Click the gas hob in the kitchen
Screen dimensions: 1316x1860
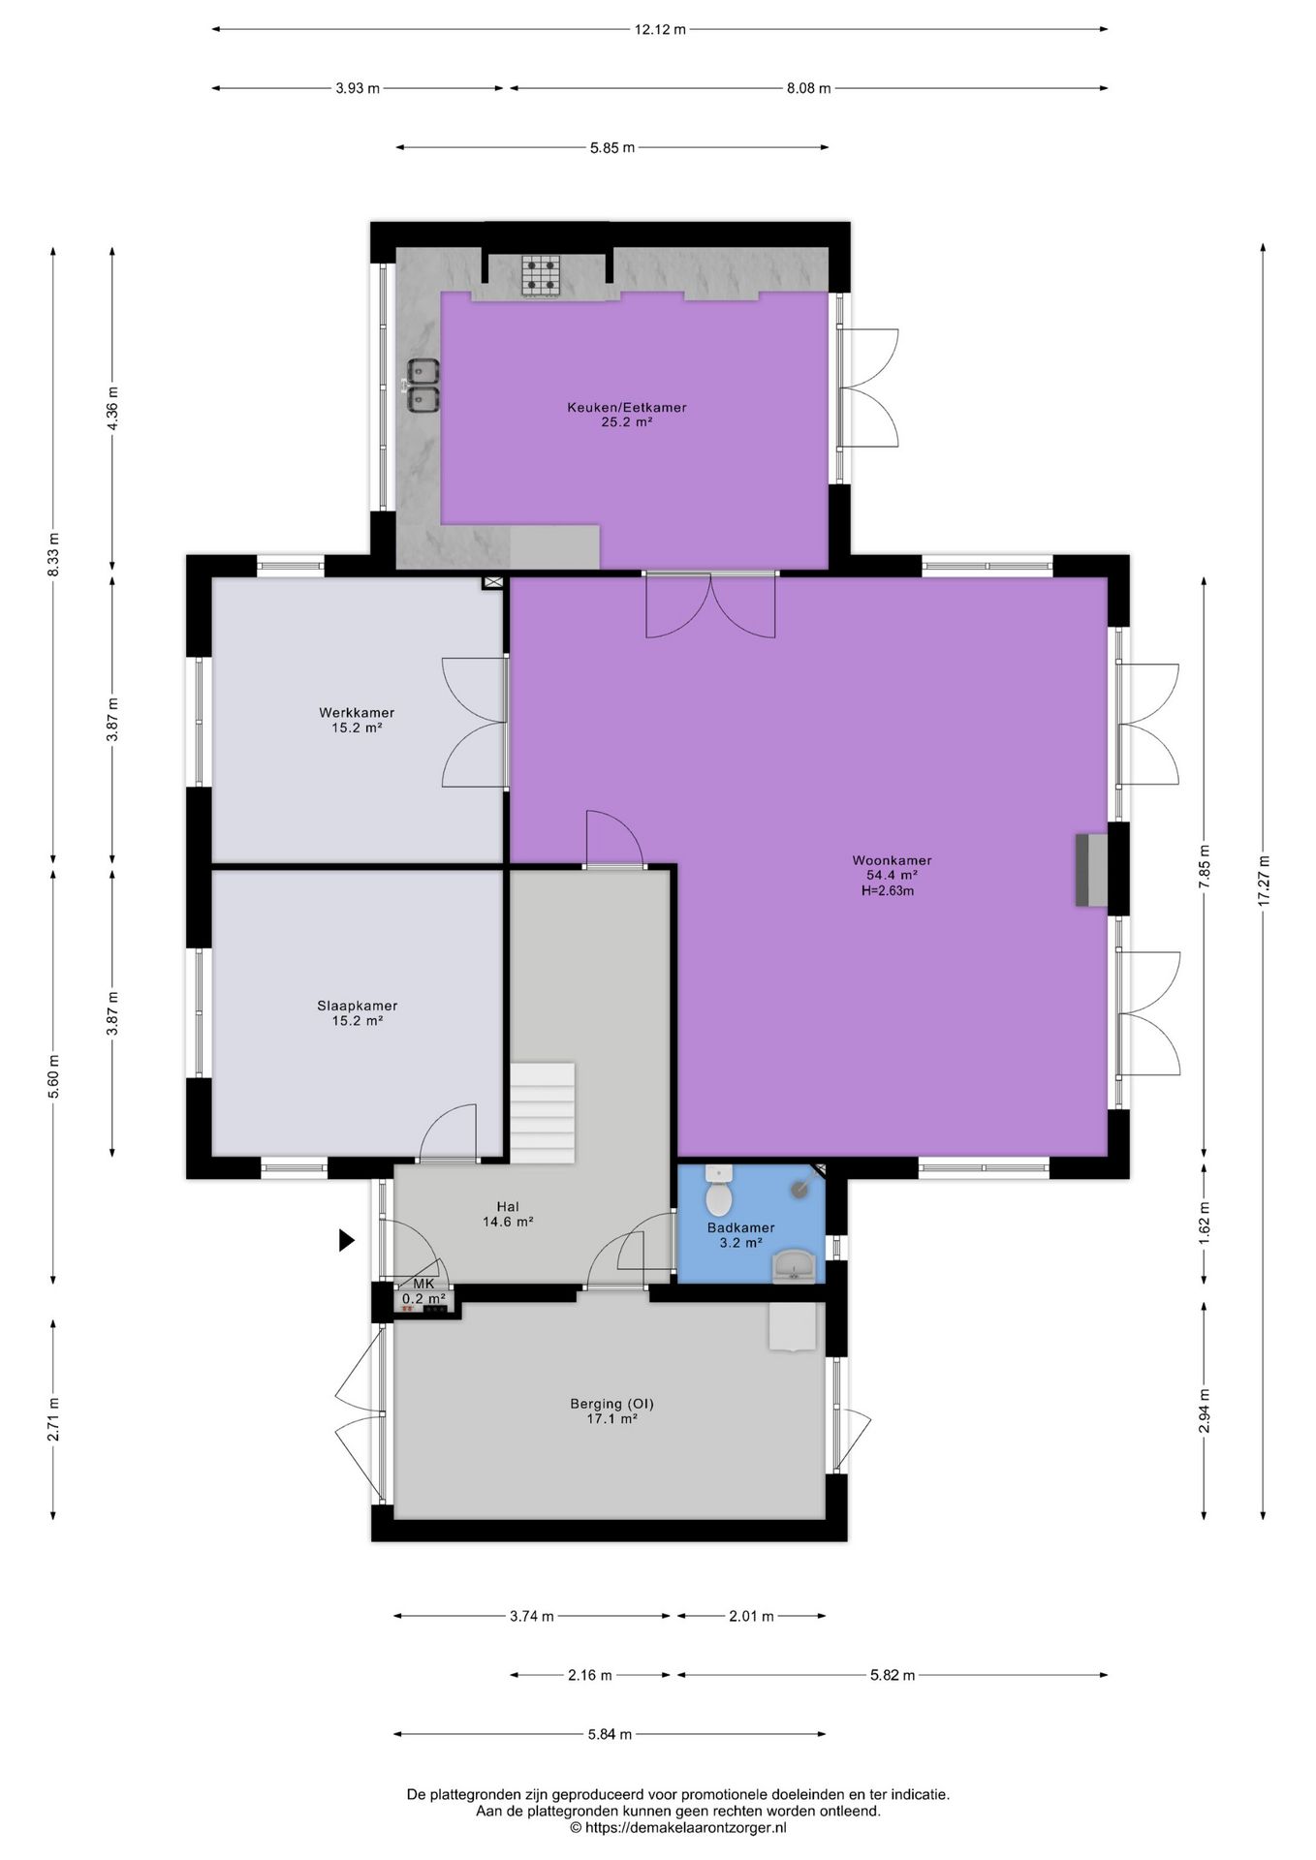tap(541, 274)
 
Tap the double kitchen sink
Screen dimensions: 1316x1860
tap(423, 385)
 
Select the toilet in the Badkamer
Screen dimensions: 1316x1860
tap(718, 1191)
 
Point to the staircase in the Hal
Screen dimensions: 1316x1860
tap(543, 1113)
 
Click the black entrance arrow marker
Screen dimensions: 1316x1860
tap(346, 1240)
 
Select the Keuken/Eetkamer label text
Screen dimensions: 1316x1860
tap(626, 407)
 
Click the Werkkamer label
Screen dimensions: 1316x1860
tap(357, 713)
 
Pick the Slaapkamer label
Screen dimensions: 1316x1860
tap(357, 1006)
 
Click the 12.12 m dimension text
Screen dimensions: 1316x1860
tap(660, 29)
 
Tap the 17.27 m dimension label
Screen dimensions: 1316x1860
tap(1263, 881)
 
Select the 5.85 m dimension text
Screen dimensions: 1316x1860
tap(612, 147)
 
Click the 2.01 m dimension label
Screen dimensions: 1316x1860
tap(751, 1616)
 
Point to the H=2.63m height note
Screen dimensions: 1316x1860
tap(887, 890)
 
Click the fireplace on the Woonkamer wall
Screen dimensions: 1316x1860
tap(1090, 870)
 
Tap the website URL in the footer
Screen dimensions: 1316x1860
tap(678, 1827)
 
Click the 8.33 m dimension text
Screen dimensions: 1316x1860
tap(53, 555)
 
